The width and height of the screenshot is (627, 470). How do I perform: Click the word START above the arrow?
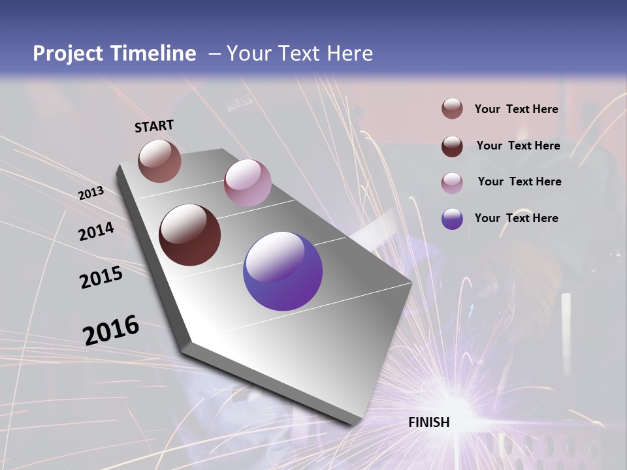coord(154,125)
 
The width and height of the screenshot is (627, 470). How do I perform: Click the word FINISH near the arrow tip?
coord(428,422)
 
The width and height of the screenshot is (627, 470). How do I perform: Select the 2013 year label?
coord(91,193)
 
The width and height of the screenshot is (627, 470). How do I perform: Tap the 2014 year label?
coord(96,232)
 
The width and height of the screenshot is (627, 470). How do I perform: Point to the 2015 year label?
coord(101,277)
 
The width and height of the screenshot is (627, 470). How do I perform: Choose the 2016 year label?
coord(111,330)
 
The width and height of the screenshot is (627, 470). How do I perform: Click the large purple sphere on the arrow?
coord(283,271)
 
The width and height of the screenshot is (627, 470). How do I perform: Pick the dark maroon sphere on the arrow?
coord(189,235)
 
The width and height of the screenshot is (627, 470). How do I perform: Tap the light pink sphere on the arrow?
coord(248,183)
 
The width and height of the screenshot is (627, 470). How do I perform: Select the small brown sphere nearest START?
coord(159,161)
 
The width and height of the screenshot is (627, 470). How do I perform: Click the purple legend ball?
coord(452,219)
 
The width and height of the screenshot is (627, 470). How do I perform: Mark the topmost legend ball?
coord(452,109)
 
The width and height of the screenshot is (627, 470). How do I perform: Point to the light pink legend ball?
coord(452,183)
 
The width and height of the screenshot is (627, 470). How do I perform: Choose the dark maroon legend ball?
coord(452,146)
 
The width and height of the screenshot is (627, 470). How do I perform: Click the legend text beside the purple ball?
coord(516,218)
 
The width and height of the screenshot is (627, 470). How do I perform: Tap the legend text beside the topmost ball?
coord(516,109)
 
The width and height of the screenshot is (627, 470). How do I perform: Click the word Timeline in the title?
coord(152,54)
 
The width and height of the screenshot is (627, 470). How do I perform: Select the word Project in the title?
coord(68,54)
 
